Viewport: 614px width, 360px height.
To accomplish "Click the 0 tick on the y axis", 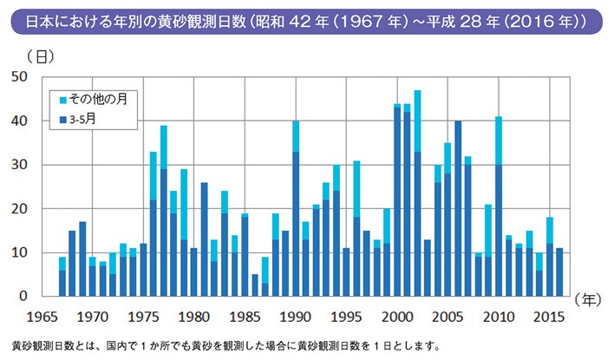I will pos(25,297).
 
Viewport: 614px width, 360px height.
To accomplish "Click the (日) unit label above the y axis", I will pos(39,57).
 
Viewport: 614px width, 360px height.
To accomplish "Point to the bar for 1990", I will pos(296,209).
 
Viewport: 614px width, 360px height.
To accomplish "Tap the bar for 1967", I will pos(62,277).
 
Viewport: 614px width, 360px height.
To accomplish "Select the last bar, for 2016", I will pos(559,272).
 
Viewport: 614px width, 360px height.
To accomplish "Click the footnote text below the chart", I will pos(225,344).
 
